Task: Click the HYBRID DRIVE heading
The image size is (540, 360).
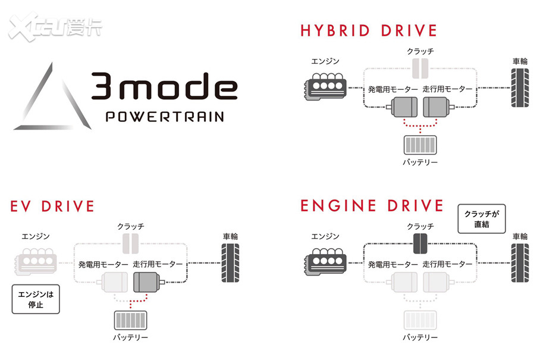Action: click(x=368, y=30)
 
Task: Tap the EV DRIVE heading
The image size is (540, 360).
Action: click(x=52, y=206)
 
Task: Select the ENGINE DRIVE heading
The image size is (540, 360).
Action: click(x=372, y=206)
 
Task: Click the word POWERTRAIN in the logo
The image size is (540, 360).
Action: click(x=165, y=116)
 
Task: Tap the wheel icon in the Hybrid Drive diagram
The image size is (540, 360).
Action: click(x=519, y=87)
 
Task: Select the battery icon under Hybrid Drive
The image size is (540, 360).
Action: click(x=420, y=145)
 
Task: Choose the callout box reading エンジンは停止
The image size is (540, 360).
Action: click(x=36, y=299)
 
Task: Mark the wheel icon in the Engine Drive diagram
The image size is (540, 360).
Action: click(x=519, y=262)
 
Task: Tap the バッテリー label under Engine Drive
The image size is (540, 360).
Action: click(x=420, y=337)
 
